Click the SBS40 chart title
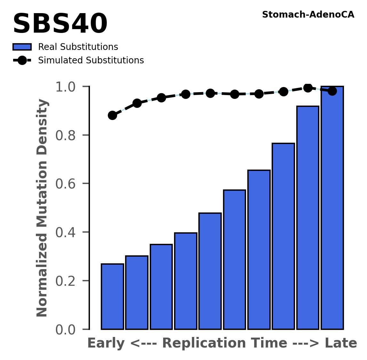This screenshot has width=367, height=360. click(x=60, y=24)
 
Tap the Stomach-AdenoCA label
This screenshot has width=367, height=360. click(x=308, y=15)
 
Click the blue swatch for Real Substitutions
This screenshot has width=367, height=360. click(x=22, y=47)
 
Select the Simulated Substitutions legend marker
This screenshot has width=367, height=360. click(x=22, y=60)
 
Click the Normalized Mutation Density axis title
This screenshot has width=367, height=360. click(x=42, y=208)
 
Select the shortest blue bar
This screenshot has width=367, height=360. click(x=112, y=297)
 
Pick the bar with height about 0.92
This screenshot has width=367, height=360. click(x=308, y=218)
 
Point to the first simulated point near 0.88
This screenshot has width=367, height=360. click(x=112, y=115)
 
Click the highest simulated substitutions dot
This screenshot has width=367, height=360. click(x=308, y=88)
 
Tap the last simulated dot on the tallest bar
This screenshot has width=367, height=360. click(x=332, y=91)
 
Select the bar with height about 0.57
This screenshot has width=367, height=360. click(x=235, y=260)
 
